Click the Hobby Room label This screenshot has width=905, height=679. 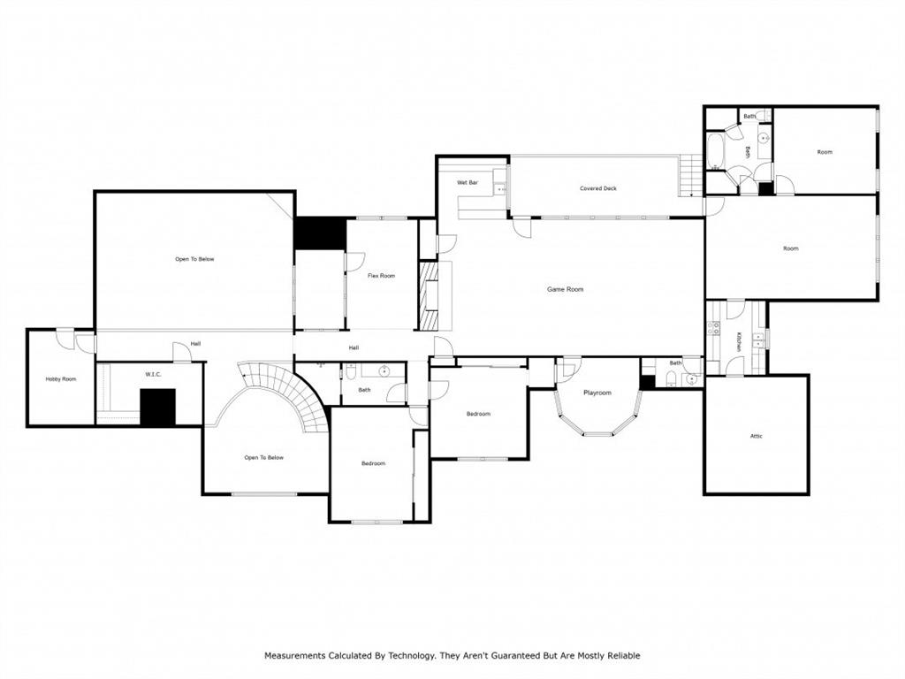[61, 379]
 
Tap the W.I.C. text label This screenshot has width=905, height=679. [152, 374]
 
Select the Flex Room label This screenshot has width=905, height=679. [381, 276]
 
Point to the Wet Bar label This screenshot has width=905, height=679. [468, 183]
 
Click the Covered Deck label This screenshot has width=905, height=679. [597, 188]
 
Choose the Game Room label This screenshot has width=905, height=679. [565, 289]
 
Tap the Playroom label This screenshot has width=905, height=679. [597, 393]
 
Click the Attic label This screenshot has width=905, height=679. [756, 436]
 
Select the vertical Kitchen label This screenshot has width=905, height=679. [739, 342]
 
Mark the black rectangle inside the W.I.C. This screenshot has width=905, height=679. [158, 407]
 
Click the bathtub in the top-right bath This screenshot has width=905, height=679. [715, 150]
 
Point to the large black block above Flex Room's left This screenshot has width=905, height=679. [319, 233]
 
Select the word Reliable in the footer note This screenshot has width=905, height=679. [620, 656]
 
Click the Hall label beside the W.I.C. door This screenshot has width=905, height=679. [194, 344]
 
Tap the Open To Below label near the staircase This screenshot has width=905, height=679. [264, 457]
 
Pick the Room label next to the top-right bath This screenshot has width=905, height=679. [824, 152]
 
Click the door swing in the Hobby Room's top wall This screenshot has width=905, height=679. [65, 337]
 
